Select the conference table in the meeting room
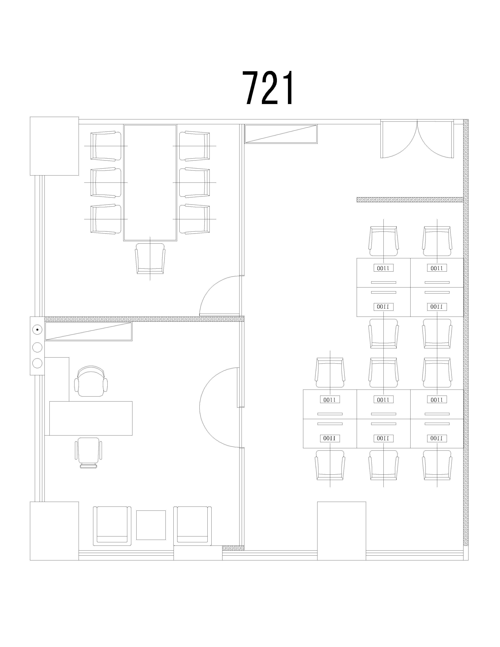pos(150,183)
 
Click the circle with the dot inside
pos(37,329)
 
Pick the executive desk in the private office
pos(91,418)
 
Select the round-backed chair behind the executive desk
pos(91,381)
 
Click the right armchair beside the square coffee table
pos(192,526)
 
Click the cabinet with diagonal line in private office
pos(88,331)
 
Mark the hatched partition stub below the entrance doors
pos(410,200)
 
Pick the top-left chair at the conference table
pos(106,146)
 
